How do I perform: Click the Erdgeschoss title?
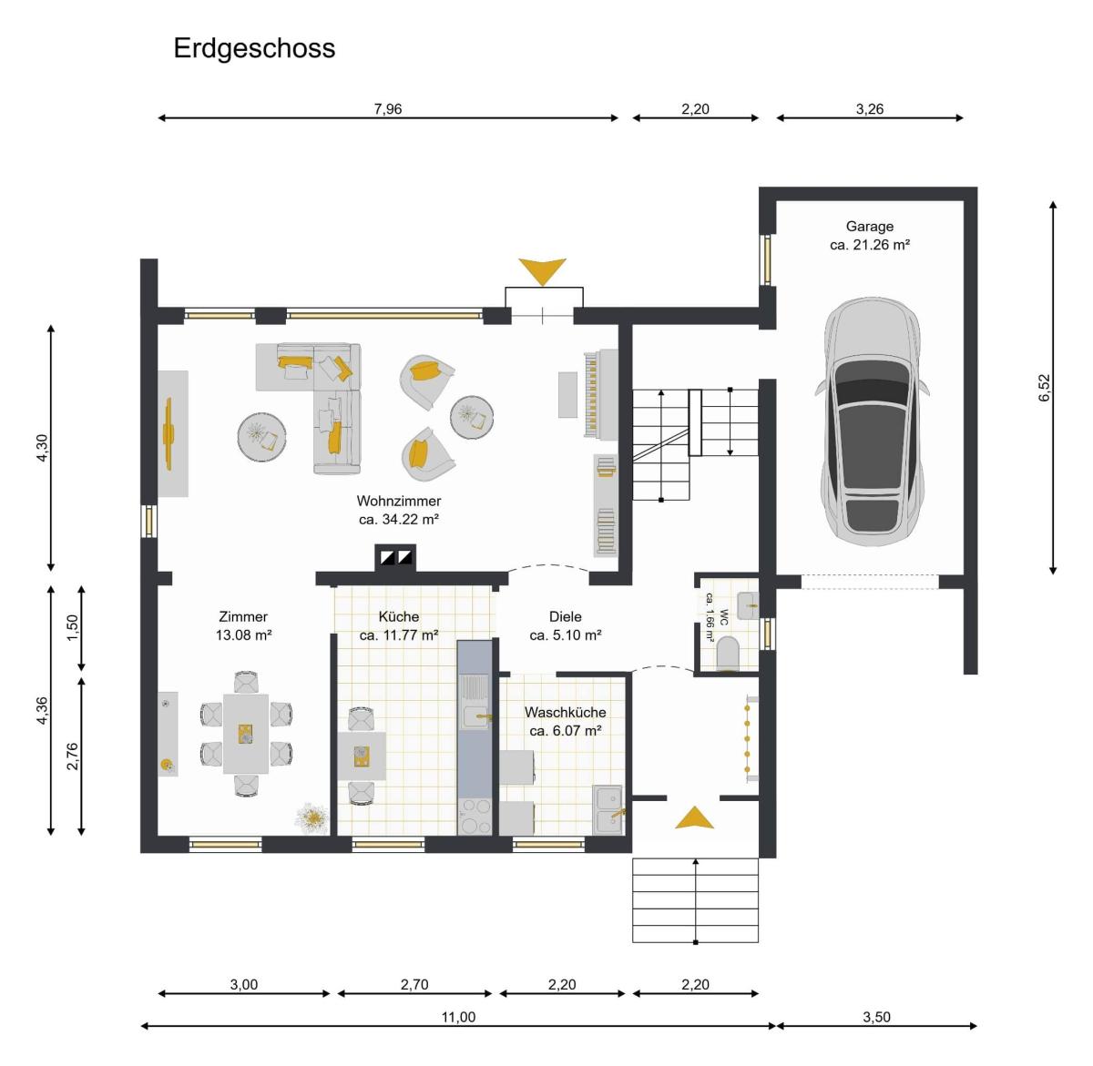pos(254,48)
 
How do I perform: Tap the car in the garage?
pos(872,421)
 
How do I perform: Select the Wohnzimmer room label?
pos(399,501)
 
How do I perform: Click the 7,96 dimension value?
pos(387,108)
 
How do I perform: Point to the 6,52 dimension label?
pos(1044,387)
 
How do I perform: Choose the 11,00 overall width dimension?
pos(458,1017)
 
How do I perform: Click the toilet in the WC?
pos(729,653)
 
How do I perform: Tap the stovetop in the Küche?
pos(475,817)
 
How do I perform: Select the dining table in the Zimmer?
pos(245,734)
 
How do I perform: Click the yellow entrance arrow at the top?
pos(542,270)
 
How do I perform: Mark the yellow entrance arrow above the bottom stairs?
pos(694,817)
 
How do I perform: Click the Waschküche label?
pos(565,713)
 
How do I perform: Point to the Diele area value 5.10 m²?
pos(565,635)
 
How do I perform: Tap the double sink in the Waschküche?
pos(608,809)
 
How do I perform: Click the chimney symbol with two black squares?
pos(395,557)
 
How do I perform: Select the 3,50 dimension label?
pos(876,1017)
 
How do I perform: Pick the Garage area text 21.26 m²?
pos(870,245)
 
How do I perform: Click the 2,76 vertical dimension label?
pos(73,756)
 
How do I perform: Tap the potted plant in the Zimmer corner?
pos(312,817)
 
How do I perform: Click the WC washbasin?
pos(748,605)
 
